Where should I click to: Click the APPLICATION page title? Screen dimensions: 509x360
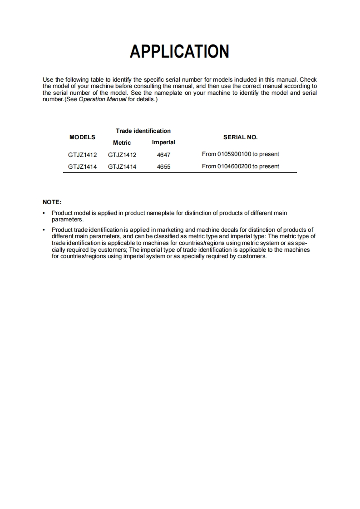coord(179,51)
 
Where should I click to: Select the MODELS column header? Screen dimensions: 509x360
coord(82,137)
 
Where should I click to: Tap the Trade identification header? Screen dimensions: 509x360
coord(143,131)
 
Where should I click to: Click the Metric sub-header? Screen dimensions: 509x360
coord(122,142)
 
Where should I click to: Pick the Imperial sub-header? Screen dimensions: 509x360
coord(163,142)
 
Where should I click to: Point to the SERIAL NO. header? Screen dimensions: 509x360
coord(240,137)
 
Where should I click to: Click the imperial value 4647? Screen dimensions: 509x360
coord(163,155)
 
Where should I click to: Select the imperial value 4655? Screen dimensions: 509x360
coord(163,166)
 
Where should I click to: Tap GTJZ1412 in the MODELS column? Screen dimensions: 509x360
coord(82,155)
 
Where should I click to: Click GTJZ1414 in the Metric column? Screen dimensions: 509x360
coord(122,166)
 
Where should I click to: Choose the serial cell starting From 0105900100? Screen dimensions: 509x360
coord(240,154)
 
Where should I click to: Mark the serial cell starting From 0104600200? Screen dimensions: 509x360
coord(240,166)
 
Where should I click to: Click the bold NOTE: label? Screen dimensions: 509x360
coord(52,202)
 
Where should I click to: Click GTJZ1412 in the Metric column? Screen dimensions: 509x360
coord(122,155)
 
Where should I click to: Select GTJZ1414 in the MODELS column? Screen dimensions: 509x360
coord(82,166)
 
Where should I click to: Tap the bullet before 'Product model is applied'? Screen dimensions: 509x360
coord(44,213)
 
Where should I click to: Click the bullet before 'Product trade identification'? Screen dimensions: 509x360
coord(44,230)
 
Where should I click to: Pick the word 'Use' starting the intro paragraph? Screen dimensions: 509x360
coord(48,80)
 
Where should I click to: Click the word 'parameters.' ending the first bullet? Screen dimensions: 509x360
coord(68,219)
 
